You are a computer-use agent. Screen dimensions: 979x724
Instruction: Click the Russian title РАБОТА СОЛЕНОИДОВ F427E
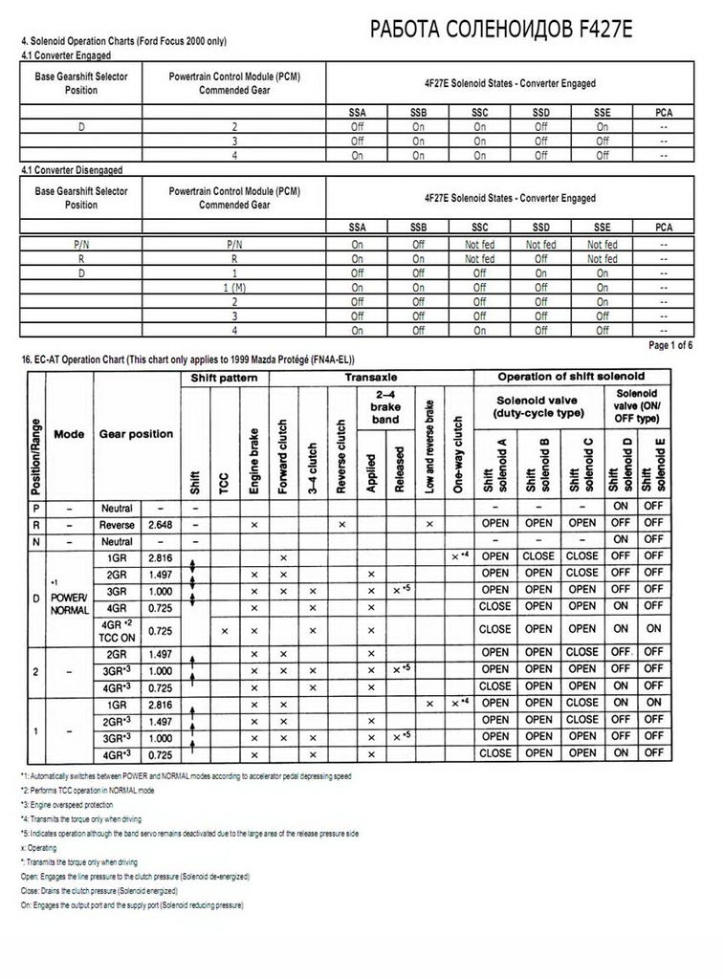coord(500,33)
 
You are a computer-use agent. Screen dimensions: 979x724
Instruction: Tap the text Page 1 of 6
coord(670,344)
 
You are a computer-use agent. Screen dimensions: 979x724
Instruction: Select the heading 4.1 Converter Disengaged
coord(72,169)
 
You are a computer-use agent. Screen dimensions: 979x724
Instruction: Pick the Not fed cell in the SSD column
coord(540,244)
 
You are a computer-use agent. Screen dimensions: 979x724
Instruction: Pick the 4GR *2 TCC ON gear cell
coord(118,629)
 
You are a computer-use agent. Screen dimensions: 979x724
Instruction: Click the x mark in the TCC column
coord(225,630)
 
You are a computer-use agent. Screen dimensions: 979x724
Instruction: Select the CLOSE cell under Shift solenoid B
coord(538,556)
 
